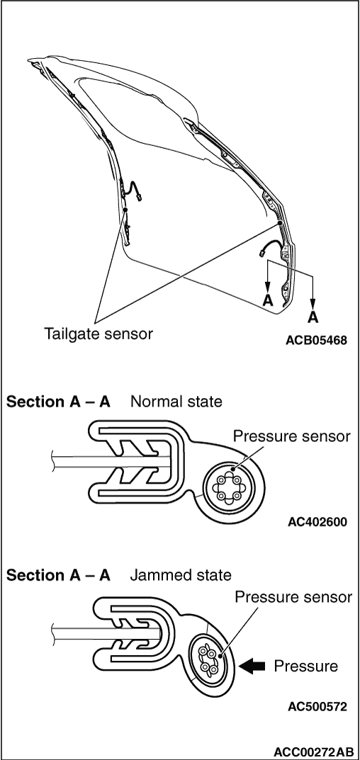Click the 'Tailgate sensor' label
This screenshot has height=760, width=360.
(x=99, y=334)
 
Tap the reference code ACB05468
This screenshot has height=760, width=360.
(x=316, y=340)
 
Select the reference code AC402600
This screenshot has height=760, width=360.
(x=317, y=522)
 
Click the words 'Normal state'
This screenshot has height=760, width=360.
(x=176, y=402)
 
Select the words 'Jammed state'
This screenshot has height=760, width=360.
(x=180, y=575)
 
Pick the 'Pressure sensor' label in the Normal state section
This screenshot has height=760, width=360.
(x=291, y=436)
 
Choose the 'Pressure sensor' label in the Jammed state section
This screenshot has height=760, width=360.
(x=293, y=597)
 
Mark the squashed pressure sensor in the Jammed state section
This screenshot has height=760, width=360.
(x=208, y=660)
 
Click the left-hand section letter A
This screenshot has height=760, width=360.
(x=268, y=300)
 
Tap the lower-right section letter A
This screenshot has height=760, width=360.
(x=313, y=317)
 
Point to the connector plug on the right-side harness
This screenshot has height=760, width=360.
(x=262, y=253)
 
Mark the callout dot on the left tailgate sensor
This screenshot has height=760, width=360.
(x=125, y=210)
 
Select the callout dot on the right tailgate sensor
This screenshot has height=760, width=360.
(x=281, y=223)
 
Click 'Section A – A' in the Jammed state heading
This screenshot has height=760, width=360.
(x=58, y=575)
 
